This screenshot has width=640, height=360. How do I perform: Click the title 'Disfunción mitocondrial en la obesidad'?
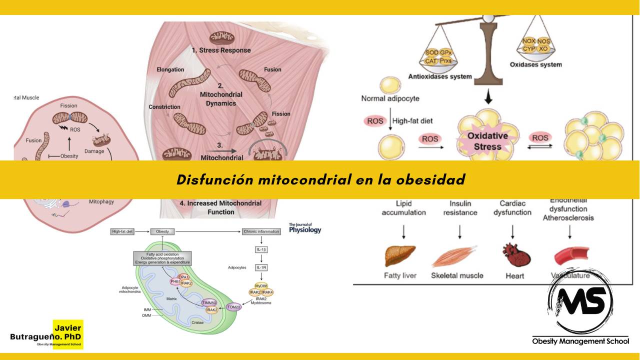tap(320, 179)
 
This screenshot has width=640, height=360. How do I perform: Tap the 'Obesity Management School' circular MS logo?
tap(580, 300)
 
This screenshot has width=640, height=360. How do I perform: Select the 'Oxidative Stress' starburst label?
tap(487, 141)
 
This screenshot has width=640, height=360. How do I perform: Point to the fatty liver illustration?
tap(399, 255)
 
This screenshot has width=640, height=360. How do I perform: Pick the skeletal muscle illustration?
tap(456, 256)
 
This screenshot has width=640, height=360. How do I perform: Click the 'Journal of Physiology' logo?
tap(304, 228)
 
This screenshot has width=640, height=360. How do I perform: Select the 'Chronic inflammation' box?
tap(261, 231)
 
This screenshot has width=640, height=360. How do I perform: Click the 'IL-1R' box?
tap(261, 267)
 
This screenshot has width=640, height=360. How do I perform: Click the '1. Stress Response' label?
tap(221, 50)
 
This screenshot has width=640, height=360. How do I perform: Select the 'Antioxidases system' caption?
tap(439, 76)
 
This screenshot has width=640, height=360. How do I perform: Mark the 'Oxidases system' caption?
tap(535, 64)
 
